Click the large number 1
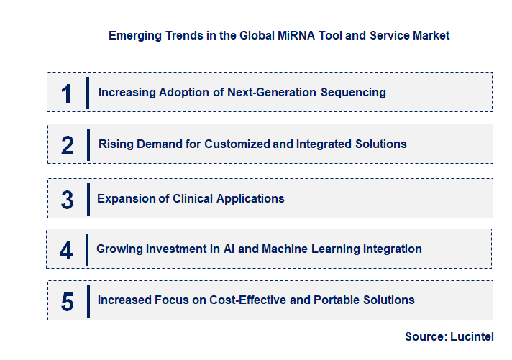click(x=67, y=93)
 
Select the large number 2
click(x=68, y=145)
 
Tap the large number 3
click(x=67, y=200)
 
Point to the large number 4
click(x=67, y=250)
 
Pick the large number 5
click(x=67, y=301)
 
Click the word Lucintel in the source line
click(x=471, y=336)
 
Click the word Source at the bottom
click(x=424, y=336)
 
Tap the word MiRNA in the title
click(x=264, y=35)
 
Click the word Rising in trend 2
click(x=116, y=144)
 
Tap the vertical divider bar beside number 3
click(x=88, y=199)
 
